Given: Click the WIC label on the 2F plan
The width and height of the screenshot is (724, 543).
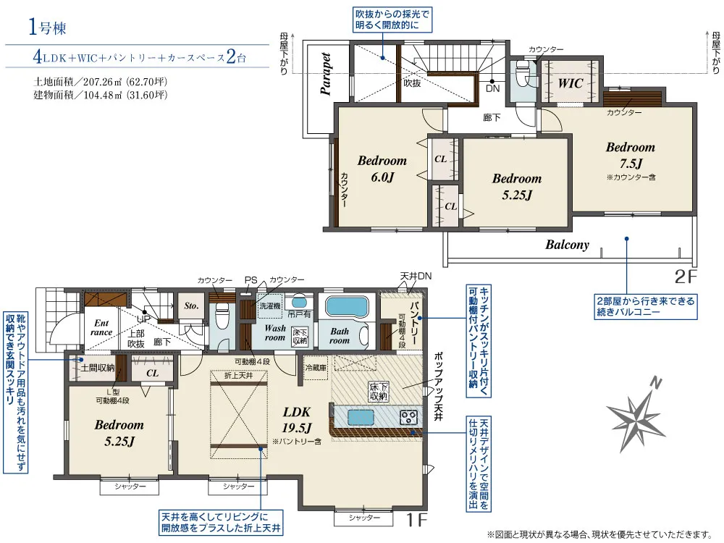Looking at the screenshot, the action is point(571,83).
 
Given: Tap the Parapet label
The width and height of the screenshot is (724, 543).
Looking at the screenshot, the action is point(326,74).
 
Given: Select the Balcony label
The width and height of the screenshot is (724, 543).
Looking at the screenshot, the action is point(568,245).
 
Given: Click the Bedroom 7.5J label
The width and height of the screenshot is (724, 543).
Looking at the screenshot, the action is point(631,155).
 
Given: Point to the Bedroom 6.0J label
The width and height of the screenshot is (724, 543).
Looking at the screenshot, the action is point(382,169).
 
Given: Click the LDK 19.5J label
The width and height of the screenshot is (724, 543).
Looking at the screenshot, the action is point(296,420).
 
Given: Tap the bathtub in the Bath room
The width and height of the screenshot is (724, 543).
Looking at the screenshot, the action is point(347,306).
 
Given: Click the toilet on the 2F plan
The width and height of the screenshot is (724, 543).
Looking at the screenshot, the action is point(523,73).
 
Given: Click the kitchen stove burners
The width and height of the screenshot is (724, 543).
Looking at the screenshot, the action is point(408,418).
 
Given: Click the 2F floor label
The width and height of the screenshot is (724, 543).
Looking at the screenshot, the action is point(685,276).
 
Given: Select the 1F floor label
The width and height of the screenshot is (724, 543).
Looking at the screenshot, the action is point(416,520).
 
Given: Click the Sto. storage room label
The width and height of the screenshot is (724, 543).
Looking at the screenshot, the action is point(191,306).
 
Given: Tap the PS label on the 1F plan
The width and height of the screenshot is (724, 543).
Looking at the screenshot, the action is point(251,280).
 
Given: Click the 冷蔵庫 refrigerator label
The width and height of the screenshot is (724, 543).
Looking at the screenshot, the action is point(316,368).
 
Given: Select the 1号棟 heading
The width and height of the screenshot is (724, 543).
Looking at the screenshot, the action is point(47,27).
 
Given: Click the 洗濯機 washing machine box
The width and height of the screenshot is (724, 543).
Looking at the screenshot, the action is point(269,306).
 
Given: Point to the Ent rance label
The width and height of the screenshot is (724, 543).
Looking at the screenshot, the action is point(101,327).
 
